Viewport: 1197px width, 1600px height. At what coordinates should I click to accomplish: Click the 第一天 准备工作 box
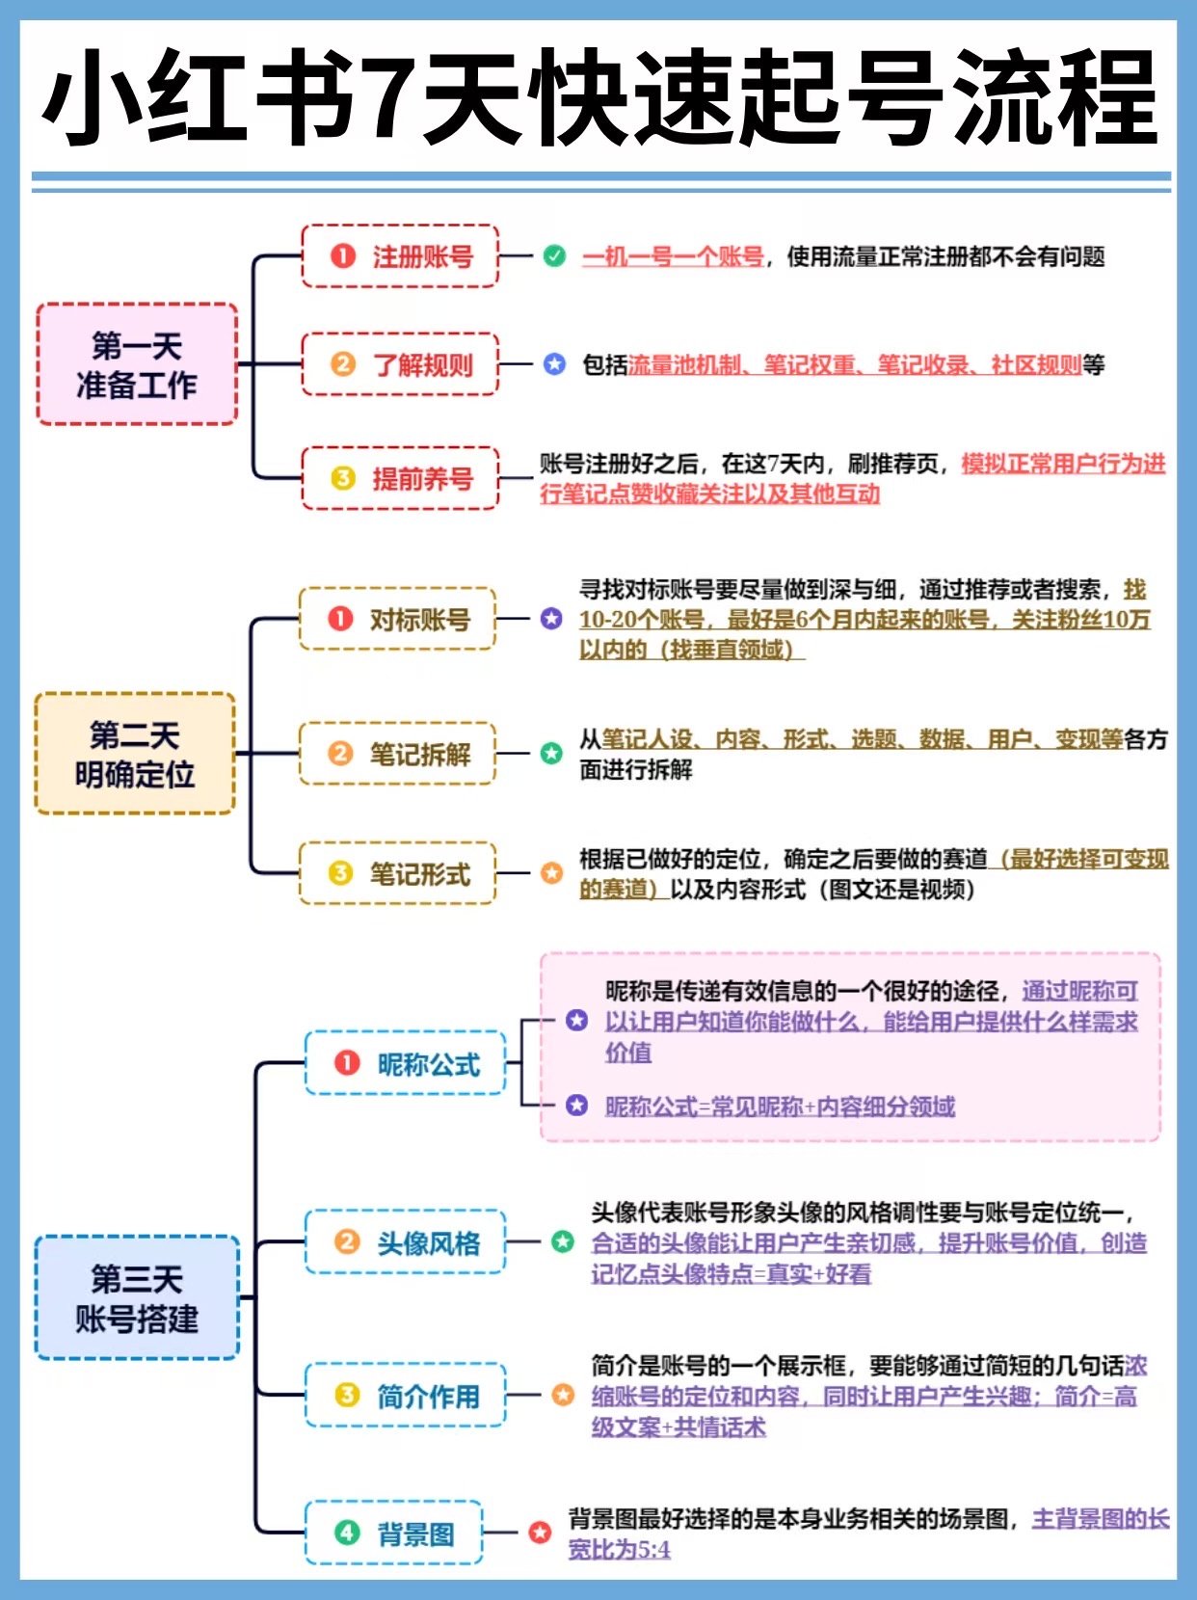click(137, 364)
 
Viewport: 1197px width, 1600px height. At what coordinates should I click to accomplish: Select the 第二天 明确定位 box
click(135, 754)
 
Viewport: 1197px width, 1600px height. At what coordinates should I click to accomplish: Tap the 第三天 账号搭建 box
click(137, 1298)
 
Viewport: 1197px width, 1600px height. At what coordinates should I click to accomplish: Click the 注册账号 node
click(400, 256)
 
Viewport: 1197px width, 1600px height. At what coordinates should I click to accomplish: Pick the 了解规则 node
click(400, 364)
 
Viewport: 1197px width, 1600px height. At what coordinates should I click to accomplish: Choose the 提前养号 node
click(400, 478)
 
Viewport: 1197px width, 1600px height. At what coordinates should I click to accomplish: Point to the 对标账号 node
click(397, 619)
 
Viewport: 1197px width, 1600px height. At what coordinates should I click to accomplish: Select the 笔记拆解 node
click(397, 754)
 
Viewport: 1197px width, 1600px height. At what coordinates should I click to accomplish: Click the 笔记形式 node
click(397, 873)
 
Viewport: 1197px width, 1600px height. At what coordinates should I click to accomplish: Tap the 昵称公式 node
click(405, 1064)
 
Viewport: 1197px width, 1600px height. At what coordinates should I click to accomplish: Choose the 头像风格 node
click(405, 1242)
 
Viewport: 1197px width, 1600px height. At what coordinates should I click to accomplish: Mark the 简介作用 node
click(405, 1396)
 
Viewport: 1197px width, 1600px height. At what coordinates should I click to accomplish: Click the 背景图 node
click(393, 1533)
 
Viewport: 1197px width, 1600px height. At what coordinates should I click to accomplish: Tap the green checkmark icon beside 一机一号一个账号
click(554, 256)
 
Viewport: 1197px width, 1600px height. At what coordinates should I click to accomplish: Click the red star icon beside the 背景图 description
click(540, 1532)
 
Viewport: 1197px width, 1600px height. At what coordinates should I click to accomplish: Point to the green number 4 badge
click(347, 1533)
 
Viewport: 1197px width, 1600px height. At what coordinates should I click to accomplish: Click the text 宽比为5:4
click(620, 1550)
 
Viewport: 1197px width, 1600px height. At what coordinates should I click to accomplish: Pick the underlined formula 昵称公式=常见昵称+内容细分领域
click(780, 1107)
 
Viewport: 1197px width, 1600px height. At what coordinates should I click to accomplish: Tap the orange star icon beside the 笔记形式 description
click(551, 873)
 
